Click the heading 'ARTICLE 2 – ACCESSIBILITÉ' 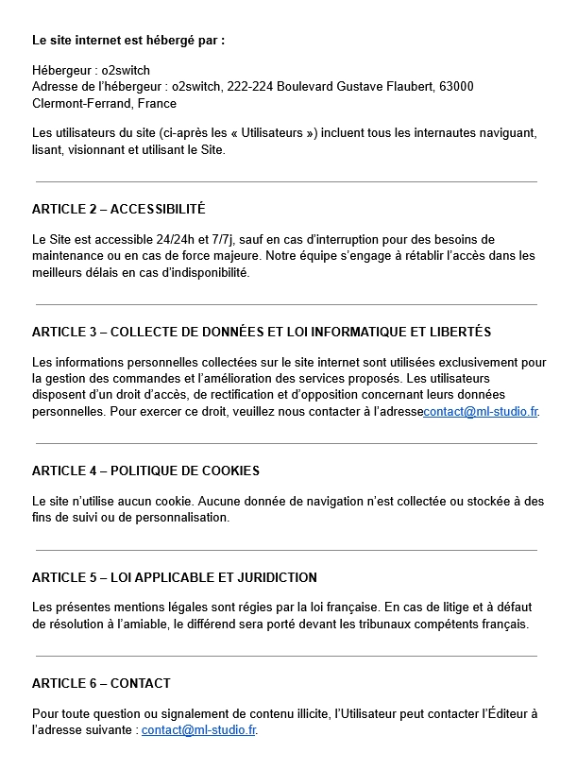tap(118, 209)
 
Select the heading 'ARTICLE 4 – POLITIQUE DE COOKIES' tap(145, 471)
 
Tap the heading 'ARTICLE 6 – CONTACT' tap(101, 683)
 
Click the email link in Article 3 tap(482, 412)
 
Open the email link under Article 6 tap(198, 730)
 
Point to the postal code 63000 tap(456, 87)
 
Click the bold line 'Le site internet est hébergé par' tap(128, 41)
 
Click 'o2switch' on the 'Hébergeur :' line tap(126, 70)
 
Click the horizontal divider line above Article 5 tap(286, 550)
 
